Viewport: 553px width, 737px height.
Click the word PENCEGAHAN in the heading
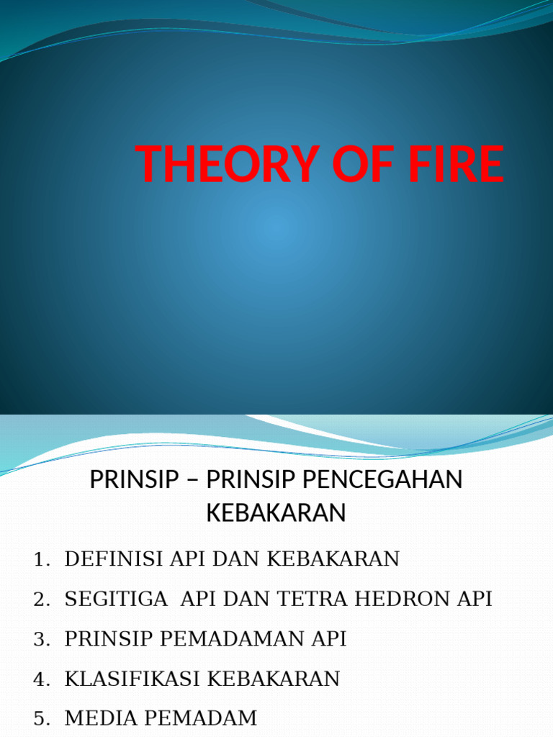click(x=385, y=480)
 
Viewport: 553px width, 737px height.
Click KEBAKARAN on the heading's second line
click(x=276, y=512)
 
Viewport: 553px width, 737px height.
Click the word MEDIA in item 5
click(x=94, y=718)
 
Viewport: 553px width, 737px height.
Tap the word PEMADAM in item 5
click(x=194, y=718)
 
